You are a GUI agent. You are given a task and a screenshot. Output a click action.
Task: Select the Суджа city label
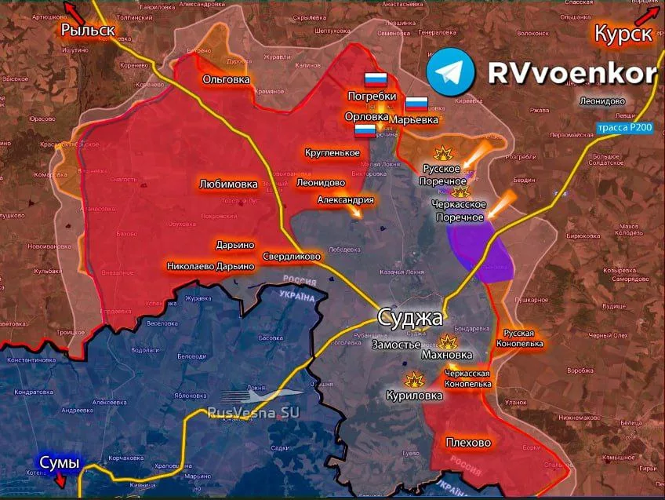point(410,318)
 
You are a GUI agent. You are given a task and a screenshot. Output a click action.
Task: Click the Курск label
point(623,34)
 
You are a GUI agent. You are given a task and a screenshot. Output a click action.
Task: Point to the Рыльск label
point(88,31)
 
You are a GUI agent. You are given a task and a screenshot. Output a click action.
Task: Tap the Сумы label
point(60,462)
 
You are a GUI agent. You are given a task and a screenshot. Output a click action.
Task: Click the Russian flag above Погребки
point(376,79)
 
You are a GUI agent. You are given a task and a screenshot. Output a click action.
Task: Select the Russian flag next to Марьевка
point(416,104)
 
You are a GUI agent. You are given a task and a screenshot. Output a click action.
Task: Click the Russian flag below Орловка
point(365,130)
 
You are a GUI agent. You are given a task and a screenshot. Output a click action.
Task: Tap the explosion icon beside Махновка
point(449,341)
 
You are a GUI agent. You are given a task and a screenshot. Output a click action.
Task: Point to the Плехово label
point(468,443)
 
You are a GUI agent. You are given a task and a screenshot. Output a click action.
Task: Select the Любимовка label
point(228,184)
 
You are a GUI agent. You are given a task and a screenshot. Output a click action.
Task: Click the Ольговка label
point(226,79)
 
